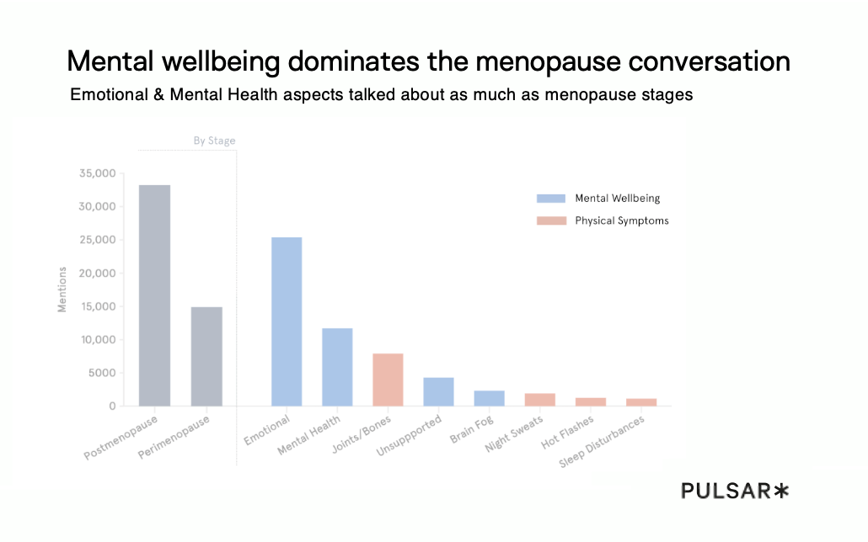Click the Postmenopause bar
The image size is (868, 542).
[155, 295]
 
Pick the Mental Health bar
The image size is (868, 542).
[337, 367]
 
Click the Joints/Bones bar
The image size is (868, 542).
[388, 380]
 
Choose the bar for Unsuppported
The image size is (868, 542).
[438, 391]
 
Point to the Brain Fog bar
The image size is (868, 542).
[489, 398]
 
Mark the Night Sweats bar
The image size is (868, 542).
[539, 400]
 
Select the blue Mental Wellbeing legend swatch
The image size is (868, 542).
[551, 199]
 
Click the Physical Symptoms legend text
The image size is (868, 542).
[622, 221]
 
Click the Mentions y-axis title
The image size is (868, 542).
[62, 290]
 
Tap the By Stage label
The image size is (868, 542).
[214, 141]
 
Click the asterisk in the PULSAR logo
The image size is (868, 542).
[781, 491]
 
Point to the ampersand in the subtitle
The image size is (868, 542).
[158, 95]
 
